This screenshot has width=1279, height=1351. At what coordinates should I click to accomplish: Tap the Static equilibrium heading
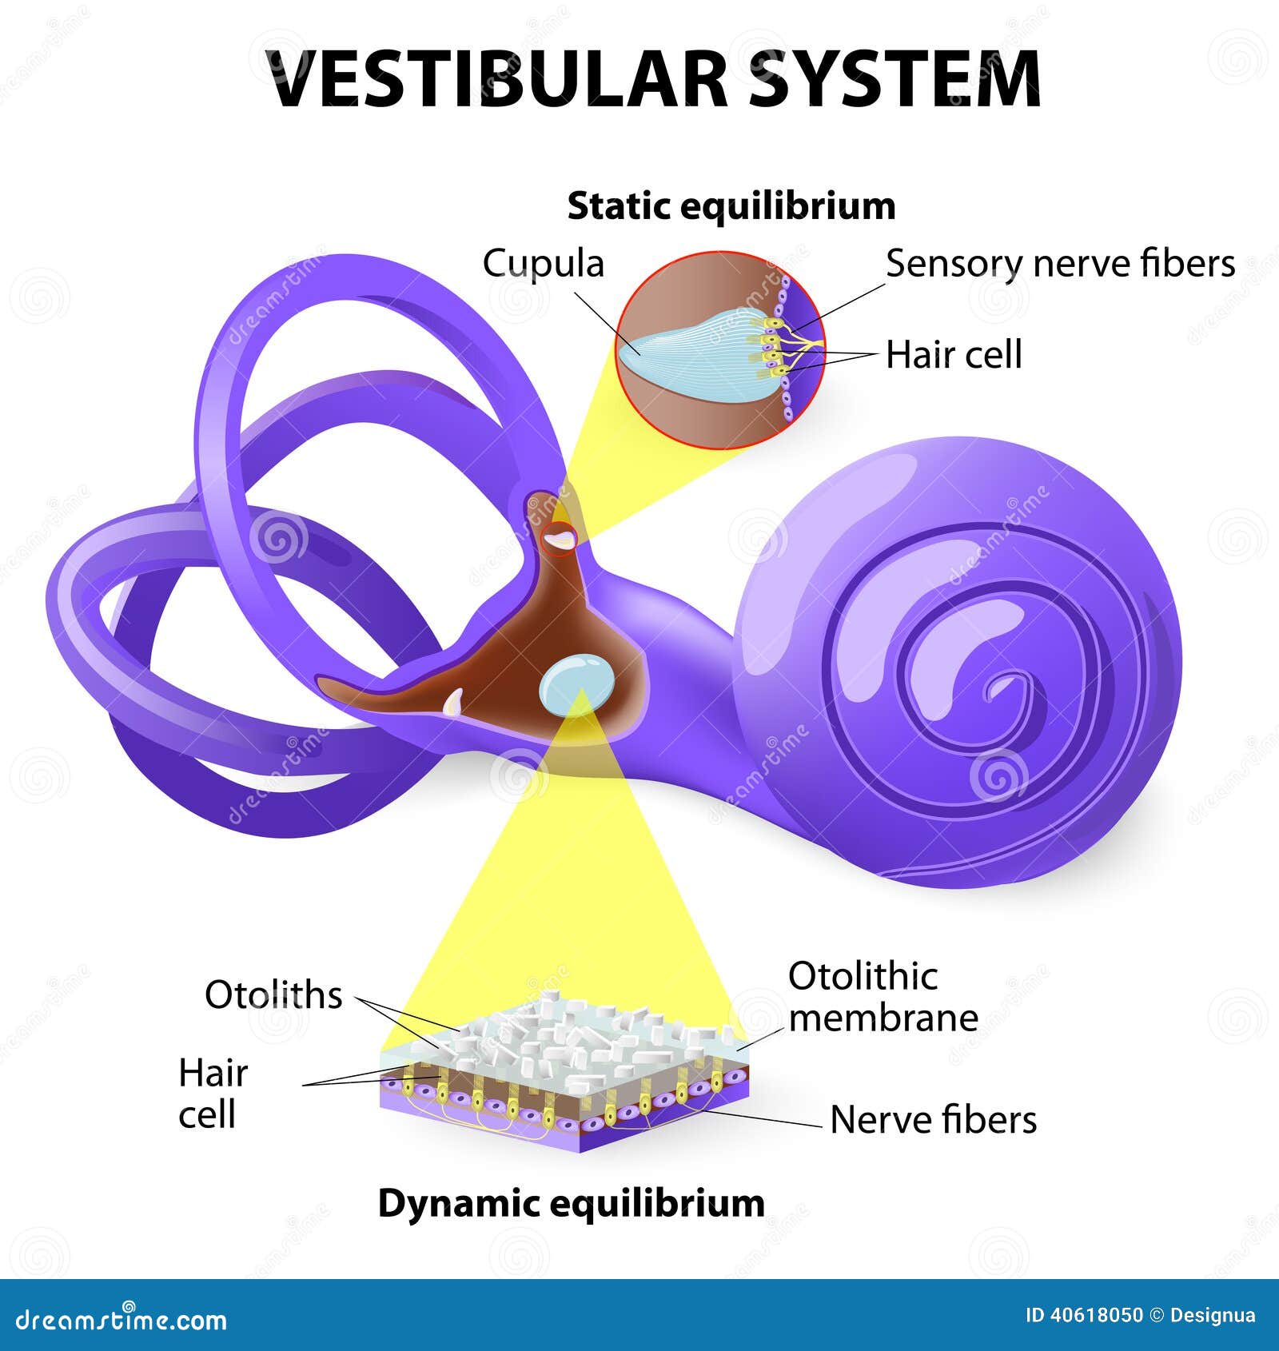(x=731, y=206)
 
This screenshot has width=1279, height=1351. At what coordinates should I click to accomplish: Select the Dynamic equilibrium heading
(x=571, y=1202)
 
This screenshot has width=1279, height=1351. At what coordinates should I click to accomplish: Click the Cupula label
(x=543, y=264)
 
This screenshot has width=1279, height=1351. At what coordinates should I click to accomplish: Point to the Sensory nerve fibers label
(x=1060, y=264)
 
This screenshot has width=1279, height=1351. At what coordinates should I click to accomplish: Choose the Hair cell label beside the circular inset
(x=953, y=354)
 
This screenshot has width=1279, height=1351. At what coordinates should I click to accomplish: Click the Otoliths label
(x=273, y=995)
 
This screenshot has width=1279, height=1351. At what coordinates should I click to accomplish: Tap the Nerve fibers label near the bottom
(x=933, y=1120)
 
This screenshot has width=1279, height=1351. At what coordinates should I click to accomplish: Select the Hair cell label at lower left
(x=212, y=1093)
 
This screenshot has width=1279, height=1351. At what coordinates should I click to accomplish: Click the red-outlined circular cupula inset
(x=720, y=349)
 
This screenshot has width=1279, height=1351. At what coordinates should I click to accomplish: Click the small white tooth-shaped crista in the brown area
(x=453, y=702)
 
